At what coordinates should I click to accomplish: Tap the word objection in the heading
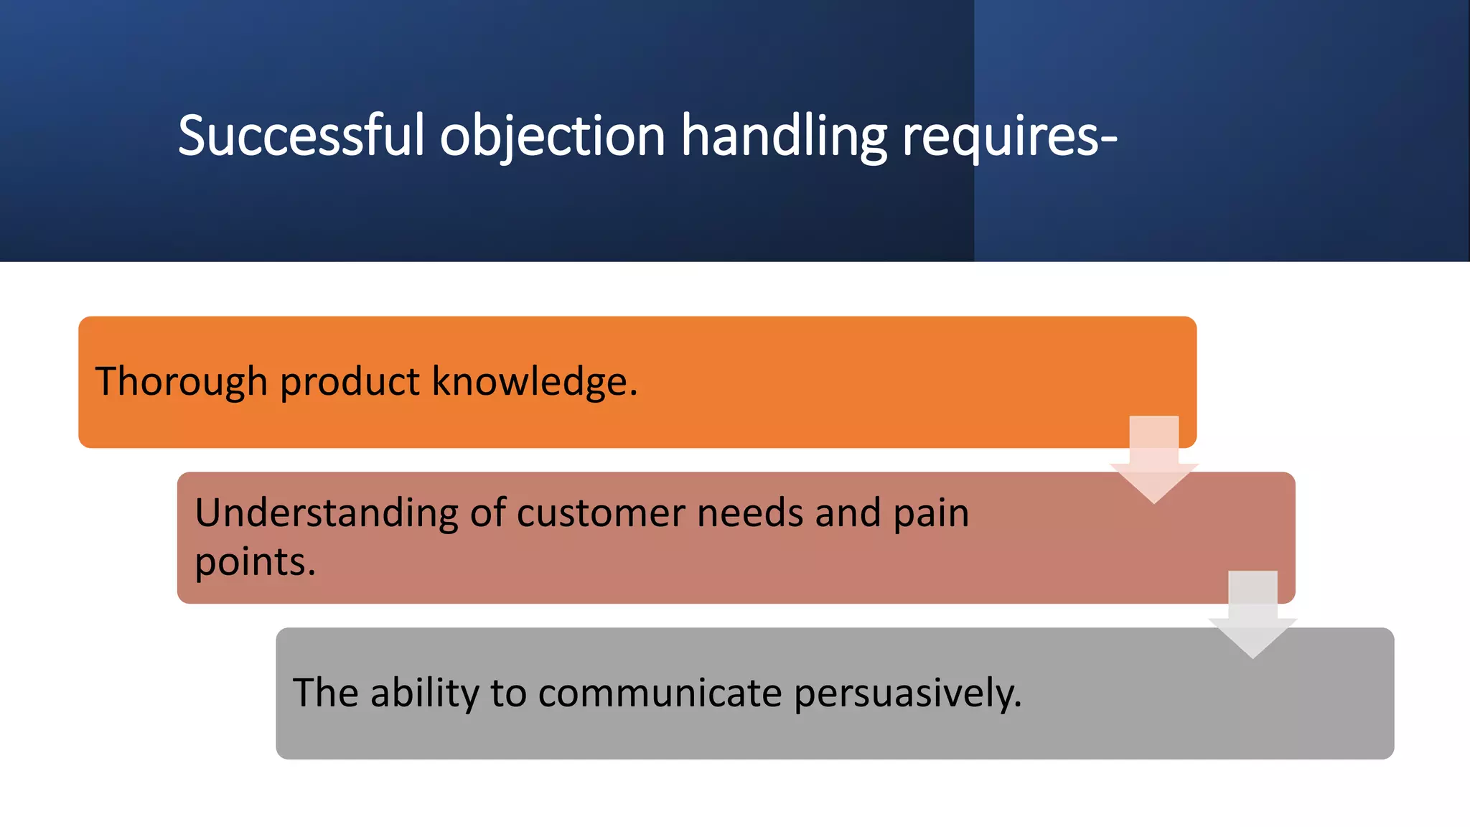point(553,136)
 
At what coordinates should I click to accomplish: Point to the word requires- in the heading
point(1009,136)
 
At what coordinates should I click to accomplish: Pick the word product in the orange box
point(350,381)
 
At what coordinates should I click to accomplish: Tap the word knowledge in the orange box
point(534,381)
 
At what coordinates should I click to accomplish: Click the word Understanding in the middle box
point(326,514)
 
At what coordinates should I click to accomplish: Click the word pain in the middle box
point(931,514)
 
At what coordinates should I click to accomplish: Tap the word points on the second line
point(255,562)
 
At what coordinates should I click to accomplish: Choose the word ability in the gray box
point(423,693)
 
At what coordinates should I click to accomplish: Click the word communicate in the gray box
point(660,693)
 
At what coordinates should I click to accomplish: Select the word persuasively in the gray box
point(907,693)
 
